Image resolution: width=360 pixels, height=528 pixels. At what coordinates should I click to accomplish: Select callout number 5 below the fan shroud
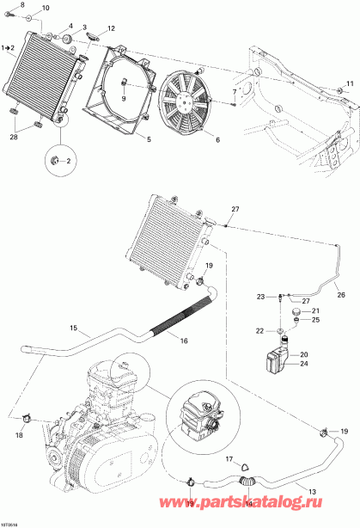point(148,139)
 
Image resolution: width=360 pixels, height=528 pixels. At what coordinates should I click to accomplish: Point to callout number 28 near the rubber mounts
point(13,137)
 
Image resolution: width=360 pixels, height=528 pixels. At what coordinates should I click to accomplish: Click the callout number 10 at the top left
point(46,9)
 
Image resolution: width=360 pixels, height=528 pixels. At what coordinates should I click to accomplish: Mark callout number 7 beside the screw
point(233,92)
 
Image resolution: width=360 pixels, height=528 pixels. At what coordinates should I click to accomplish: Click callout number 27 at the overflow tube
point(235,209)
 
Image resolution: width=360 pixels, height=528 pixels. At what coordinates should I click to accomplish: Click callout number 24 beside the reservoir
point(302,363)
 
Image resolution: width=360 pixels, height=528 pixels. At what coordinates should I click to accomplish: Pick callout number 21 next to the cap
point(314,311)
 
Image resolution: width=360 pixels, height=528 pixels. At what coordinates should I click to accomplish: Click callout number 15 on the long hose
point(73,328)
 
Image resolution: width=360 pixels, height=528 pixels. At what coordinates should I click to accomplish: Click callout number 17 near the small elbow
point(228,458)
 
